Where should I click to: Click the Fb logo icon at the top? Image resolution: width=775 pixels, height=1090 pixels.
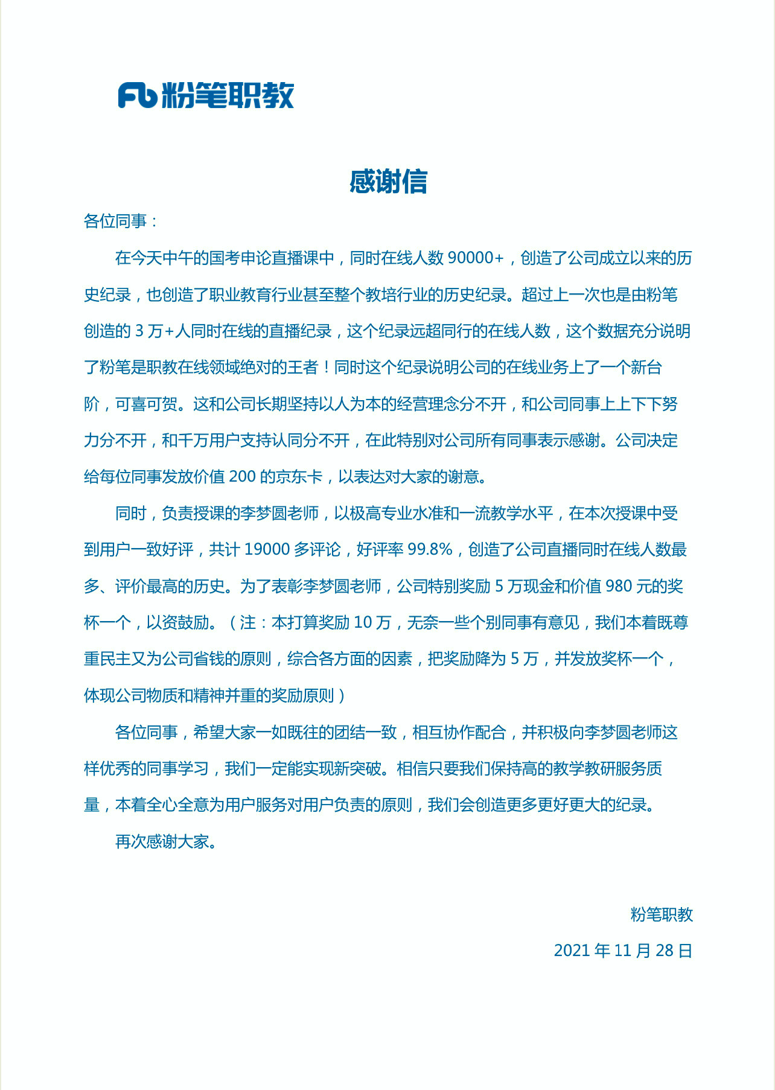pyautogui.click(x=137, y=95)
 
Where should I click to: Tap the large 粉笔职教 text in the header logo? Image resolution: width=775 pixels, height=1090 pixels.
pyautogui.click(x=228, y=95)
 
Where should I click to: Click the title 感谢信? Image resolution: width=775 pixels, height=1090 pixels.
pyautogui.click(x=388, y=182)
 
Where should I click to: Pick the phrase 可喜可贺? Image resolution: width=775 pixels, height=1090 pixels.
pyautogui.click(x=147, y=404)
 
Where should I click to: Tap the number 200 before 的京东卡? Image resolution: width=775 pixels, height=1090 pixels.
pyautogui.click(x=243, y=477)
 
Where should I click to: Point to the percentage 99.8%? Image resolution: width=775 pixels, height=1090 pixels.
pyautogui.click(x=430, y=550)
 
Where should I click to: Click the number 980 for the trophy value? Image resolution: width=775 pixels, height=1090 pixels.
pyautogui.click(x=619, y=586)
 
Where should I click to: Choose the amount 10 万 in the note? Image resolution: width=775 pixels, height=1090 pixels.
pyautogui.click(x=372, y=623)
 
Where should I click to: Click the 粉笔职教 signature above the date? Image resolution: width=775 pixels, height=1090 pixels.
pyautogui.click(x=662, y=915)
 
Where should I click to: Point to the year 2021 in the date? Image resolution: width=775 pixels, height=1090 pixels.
pyautogui.click(x=572, y=951)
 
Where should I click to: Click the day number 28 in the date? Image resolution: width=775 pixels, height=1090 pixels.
pyautogui.click(x=664, y=951)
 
